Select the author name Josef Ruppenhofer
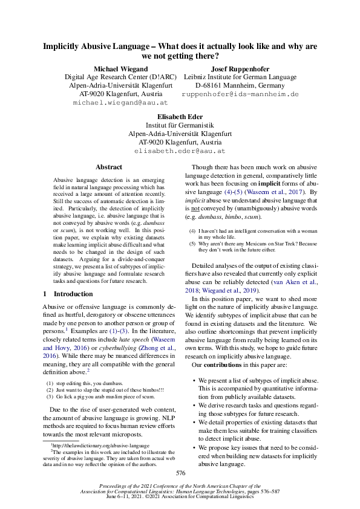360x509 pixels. (240, 68)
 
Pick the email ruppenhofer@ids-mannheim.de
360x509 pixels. (240, 95)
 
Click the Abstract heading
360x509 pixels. (109, 167)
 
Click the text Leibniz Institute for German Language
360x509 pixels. (240, 77)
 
